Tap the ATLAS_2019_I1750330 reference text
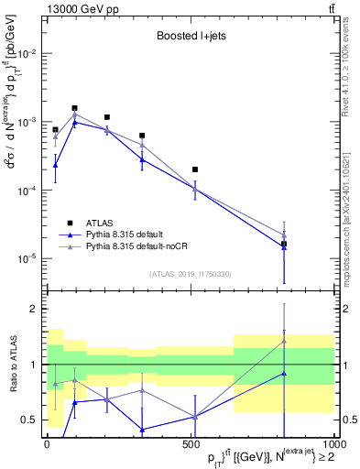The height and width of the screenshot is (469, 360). [190, 273]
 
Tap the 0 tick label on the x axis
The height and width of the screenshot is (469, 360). [47, 445]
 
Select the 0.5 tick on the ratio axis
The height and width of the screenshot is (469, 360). [29, 420]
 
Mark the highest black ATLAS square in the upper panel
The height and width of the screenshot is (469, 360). [74, 108]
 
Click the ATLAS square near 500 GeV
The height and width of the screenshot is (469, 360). [195, 169]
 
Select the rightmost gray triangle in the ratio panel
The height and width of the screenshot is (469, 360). [284, 341]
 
